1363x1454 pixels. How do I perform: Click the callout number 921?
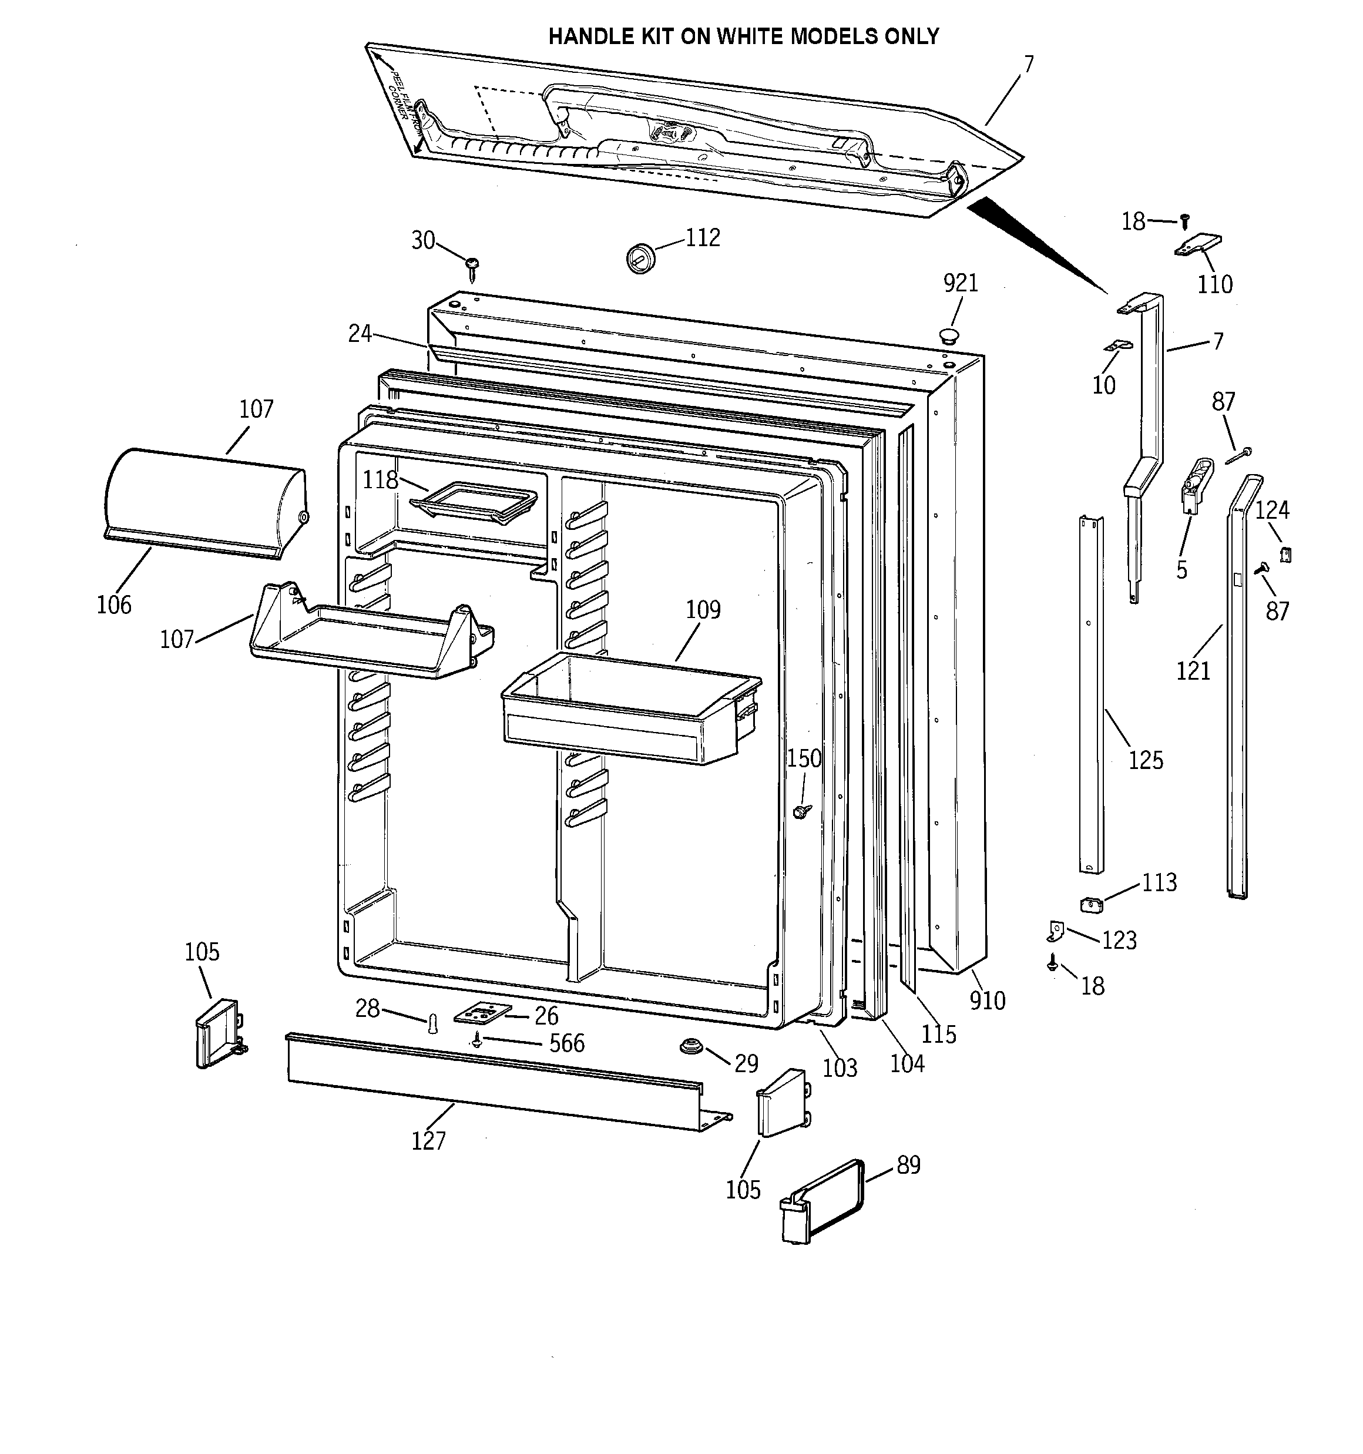pos(960,283)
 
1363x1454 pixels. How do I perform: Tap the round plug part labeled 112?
pos(640,257)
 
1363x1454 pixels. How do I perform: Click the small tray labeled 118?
pos(474,502)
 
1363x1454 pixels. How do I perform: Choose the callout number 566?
pos(566,1042)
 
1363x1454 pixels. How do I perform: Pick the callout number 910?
pos(987,1000)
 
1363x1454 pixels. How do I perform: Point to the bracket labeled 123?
pos(1053,931)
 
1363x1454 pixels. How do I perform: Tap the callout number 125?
pos(1145,760)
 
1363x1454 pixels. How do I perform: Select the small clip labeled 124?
pos(1285,555)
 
